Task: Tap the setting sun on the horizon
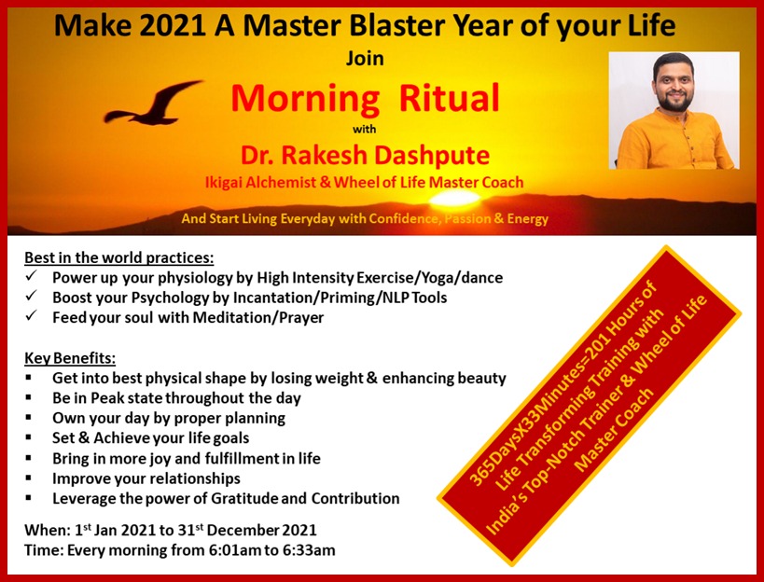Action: [454, 199]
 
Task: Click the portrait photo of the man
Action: [674, 111]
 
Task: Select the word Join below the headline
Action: [365, 59]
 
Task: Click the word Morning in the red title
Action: [305, 98]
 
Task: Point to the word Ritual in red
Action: [450, 97]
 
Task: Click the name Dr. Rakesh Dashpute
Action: [365, 155]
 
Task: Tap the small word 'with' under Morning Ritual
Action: [365, 129]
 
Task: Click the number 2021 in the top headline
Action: [172, 25]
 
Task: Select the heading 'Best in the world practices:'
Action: [118, 257]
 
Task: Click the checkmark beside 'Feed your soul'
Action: [32, 315]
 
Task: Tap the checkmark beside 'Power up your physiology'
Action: [32, 276]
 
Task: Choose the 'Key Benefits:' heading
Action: [70, 358]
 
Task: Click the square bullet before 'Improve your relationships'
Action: [29, 478]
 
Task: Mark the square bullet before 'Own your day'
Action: [29, 417]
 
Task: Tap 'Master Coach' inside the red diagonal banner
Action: [614, 430]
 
